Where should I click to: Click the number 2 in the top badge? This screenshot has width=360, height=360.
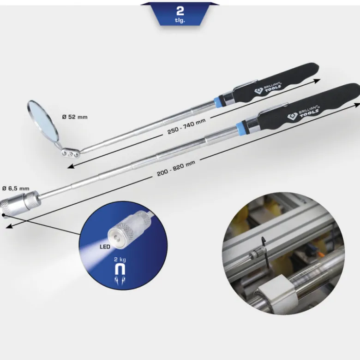coord(180,11)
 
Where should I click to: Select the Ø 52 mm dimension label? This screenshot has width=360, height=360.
coord(75,117)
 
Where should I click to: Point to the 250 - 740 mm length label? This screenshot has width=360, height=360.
coord(186,126)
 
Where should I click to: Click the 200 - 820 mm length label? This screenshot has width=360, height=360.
coord(176,168)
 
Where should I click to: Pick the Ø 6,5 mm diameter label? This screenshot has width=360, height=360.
coord(16,189)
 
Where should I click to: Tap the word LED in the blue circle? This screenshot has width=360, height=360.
coord(105,247)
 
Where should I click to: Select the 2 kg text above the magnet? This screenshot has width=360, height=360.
coord(120,260)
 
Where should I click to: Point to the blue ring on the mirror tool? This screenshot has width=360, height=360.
coord(217,102)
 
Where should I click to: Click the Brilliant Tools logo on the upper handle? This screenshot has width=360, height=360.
coord(268,88)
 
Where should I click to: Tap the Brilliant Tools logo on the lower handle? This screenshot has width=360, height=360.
coord(303,113)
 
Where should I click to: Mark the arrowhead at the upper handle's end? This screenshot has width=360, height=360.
coord(317,81)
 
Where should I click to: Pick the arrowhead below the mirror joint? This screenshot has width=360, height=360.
coord(71,166)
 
